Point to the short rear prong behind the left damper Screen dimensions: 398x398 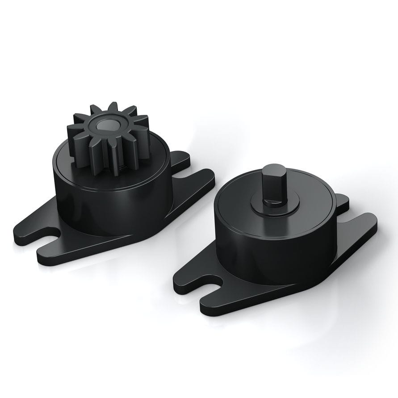coord(179,156)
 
